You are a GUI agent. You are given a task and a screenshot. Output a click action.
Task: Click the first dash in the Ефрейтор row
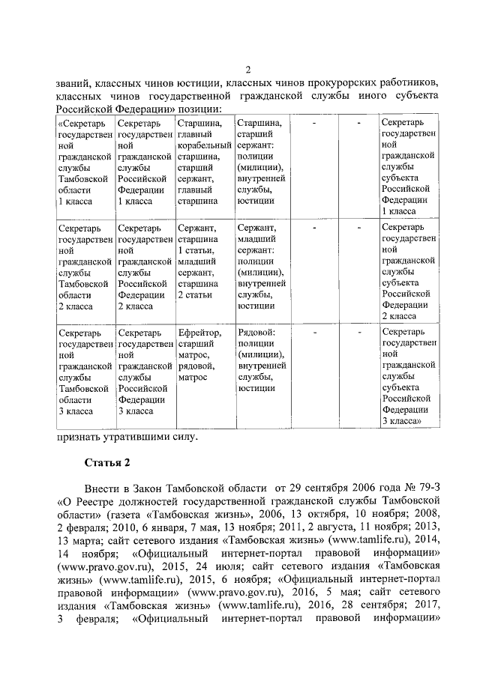coord(314,331)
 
